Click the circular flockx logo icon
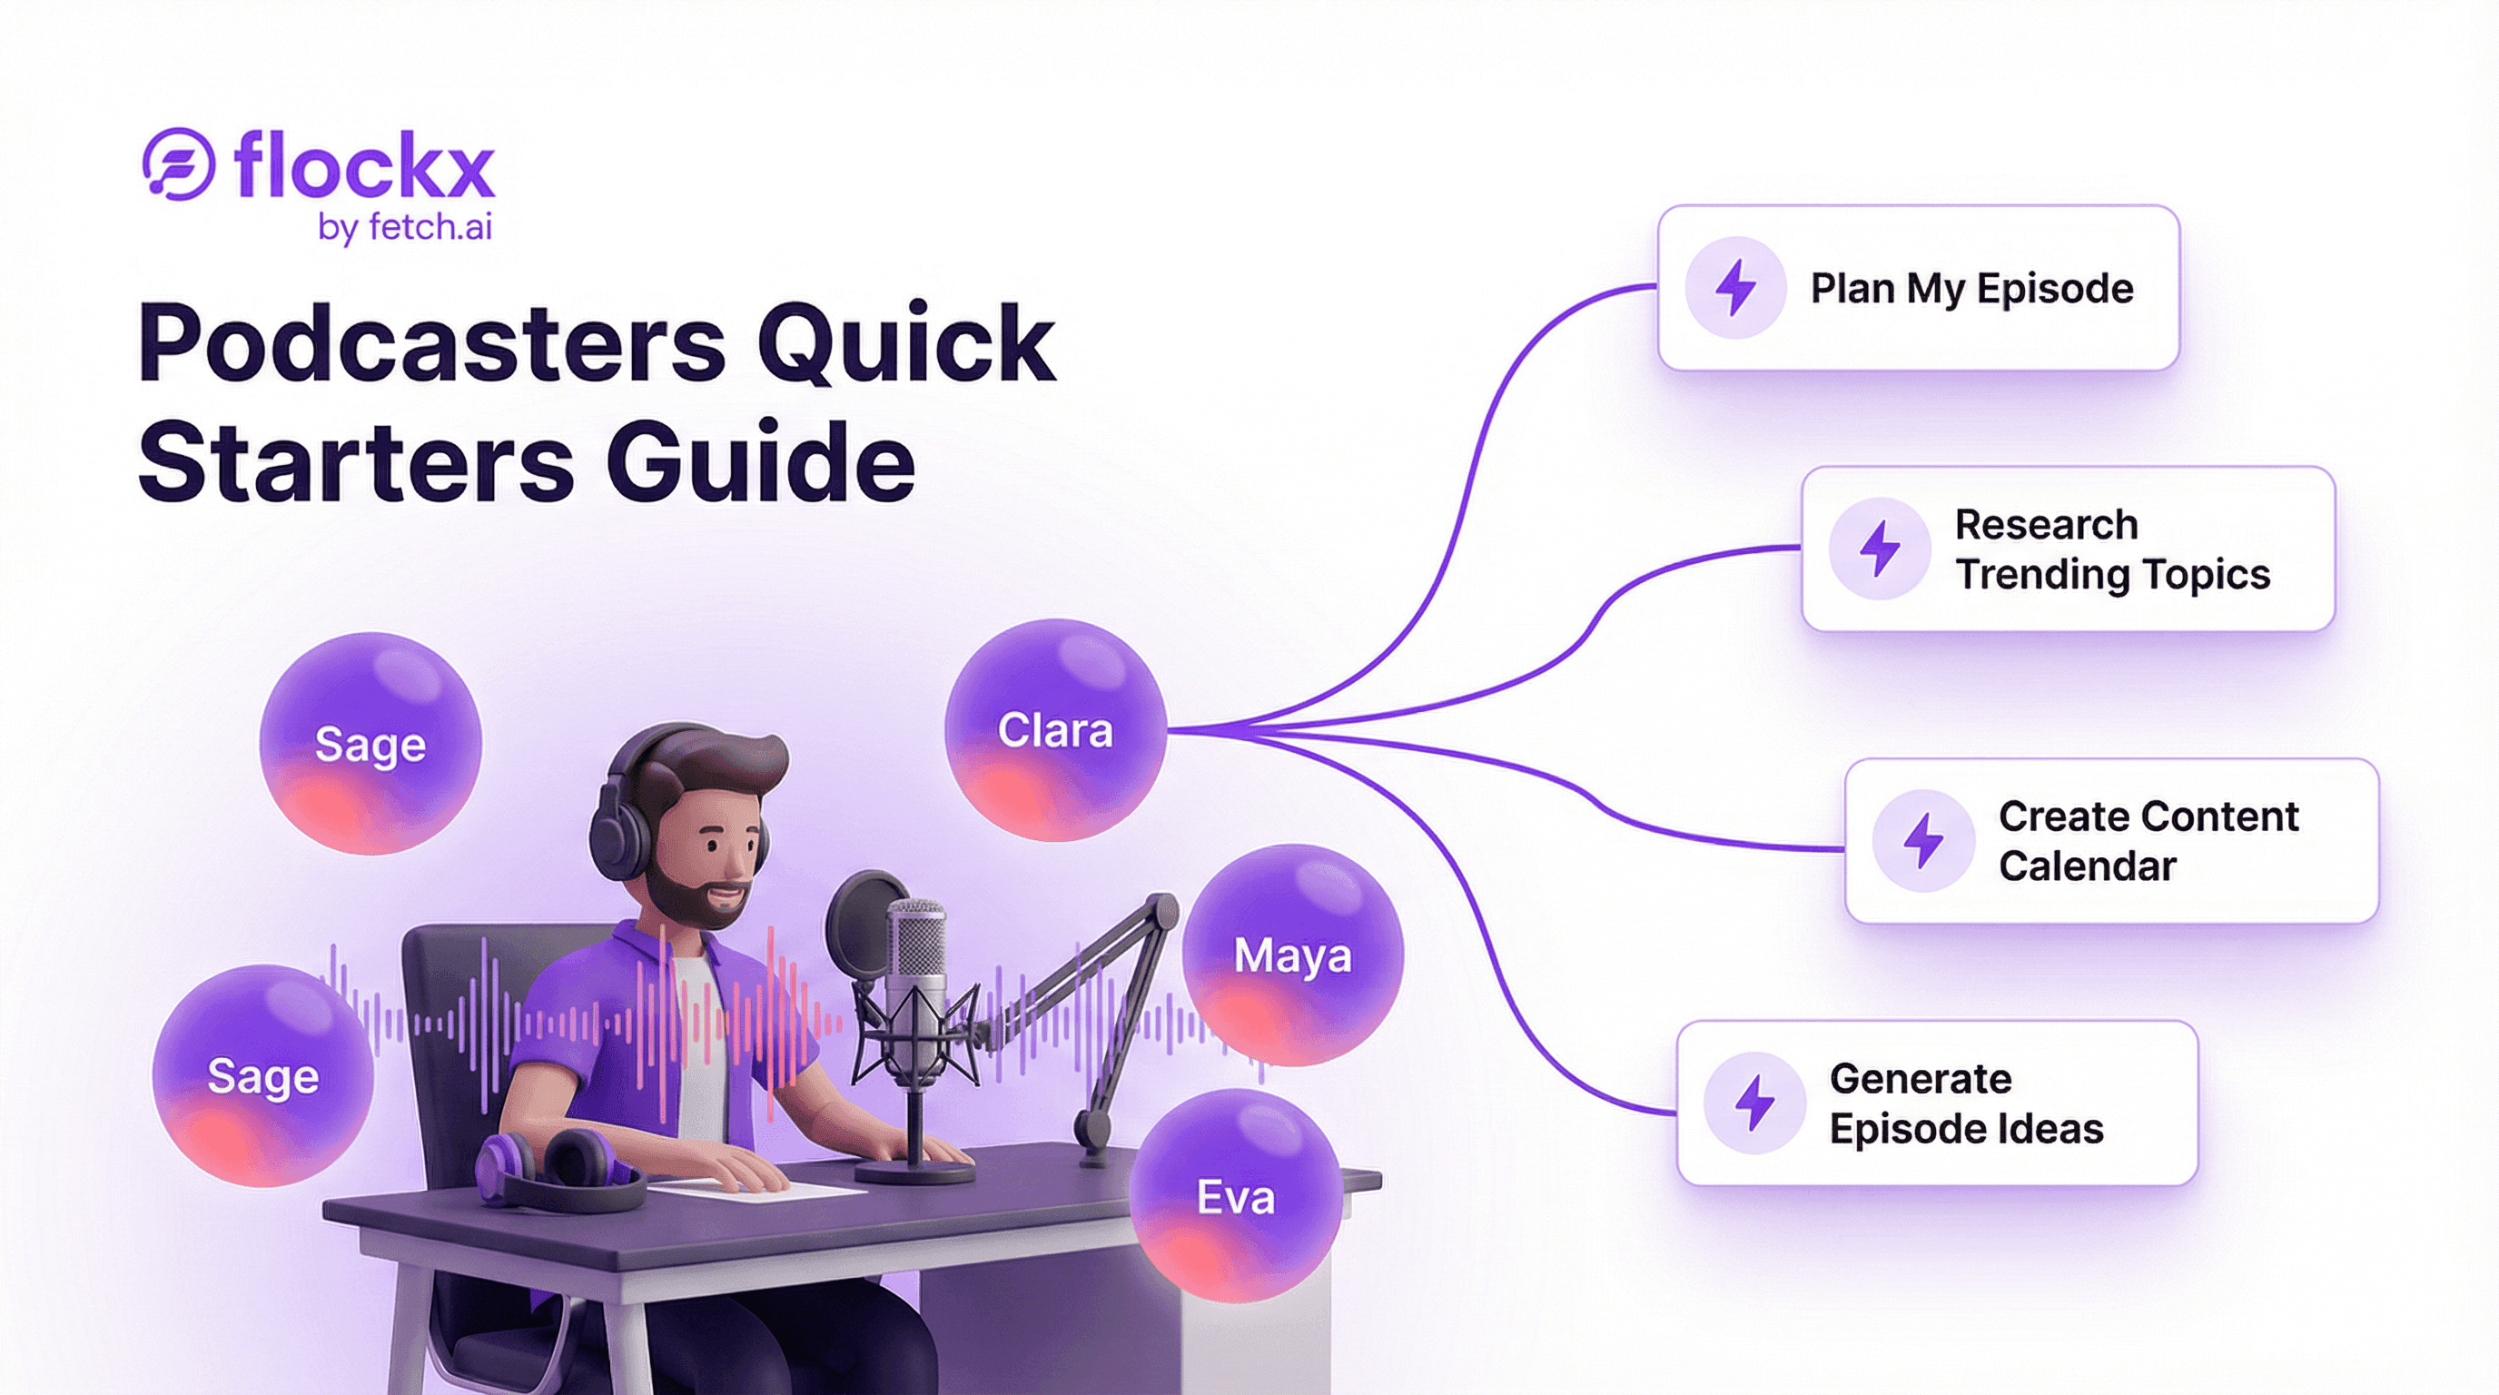point(179,164)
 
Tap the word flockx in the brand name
point(365,166)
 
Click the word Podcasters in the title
point(430,343)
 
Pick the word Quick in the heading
point(905,343)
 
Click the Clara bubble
point(1054,730)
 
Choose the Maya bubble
point(1292,955)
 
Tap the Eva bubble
point(1235,1196)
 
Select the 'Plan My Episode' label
point(1971,288)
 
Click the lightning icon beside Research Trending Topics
point(1879,549)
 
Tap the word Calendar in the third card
point(2087,866)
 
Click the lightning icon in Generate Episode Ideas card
point(1754,1103)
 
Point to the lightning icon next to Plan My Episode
point(1734,288)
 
